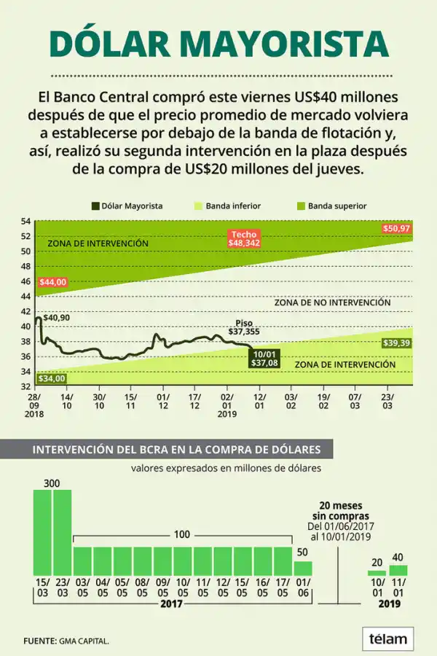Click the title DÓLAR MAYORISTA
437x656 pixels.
(219, 43)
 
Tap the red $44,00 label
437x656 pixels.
(52, 282)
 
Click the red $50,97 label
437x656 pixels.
(397, 229)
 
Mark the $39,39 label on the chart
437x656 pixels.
(397, 343)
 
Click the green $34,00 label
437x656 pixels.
(52, 378)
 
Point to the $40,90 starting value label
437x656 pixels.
(57, 318)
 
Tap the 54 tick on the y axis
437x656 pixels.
(25, 222)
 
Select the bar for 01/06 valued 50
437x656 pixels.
(303, 568)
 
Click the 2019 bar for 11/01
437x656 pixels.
(398, 570)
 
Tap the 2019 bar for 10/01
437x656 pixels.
(377, 572)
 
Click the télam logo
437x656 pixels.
(387, 639)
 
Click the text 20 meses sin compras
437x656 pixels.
(341, 510)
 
